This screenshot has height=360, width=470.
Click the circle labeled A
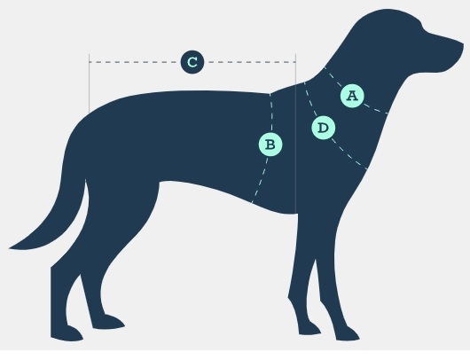[x=352, y=96]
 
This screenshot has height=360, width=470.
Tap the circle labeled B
[x=270, y=145]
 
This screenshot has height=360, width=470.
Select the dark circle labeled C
[x=192, y=62]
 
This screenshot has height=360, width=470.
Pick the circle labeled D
[x=323, y=128]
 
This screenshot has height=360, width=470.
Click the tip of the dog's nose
[x=463, y=45]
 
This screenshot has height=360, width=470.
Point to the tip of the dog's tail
[x=9, y=248]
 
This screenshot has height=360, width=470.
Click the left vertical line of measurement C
[x=89, y=83]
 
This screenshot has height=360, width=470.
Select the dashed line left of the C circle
[x=135, y=62]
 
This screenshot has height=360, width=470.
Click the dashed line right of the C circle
[x=250, y=62]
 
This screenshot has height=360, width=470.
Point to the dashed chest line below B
[x=260, y=179]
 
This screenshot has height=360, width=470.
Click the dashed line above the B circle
[x=270, y=113]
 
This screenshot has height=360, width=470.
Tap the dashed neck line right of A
[x=376, y=109]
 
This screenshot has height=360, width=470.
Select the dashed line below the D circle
[x=349, y=154]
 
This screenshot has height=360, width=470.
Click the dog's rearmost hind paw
[x=67, y=333]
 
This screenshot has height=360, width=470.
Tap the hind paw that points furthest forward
[x=108, y=321]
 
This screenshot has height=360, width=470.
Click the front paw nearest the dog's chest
[x=348, y=333]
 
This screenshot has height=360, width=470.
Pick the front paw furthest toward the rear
[x=309, y=327]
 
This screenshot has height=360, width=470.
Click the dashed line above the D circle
[x=311, y=99]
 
